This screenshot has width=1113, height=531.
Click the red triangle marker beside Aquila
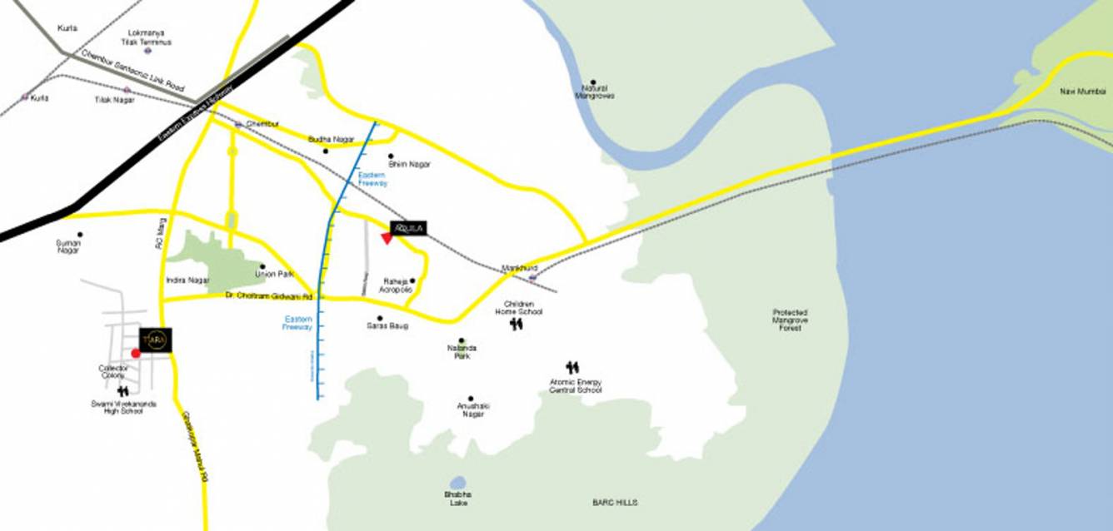pos(387,239)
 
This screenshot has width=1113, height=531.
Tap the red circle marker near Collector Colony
pos(136,353)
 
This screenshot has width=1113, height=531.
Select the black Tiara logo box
pos(156,340)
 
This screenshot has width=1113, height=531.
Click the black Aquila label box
pos(409,227)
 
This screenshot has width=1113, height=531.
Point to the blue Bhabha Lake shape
pos(457,483)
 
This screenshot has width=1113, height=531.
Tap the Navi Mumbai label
pos(1082,91)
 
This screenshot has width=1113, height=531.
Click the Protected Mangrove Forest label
pos(790,320)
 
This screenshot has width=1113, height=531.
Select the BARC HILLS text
pos(615,503)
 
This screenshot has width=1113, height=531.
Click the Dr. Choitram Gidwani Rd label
pos(268,296)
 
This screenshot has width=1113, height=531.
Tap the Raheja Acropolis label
pos(396,285)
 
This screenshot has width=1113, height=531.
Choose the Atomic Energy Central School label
pos(576,386)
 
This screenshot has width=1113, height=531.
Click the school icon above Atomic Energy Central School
pos(572,367)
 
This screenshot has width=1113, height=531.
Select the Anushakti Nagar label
pos(472,409)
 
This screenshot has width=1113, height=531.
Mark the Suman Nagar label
pos(68,246)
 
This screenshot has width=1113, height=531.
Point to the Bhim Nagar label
pos(409,165)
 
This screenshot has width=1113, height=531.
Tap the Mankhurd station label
pos(519,268)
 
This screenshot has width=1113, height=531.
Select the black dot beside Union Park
pos(262,267)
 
